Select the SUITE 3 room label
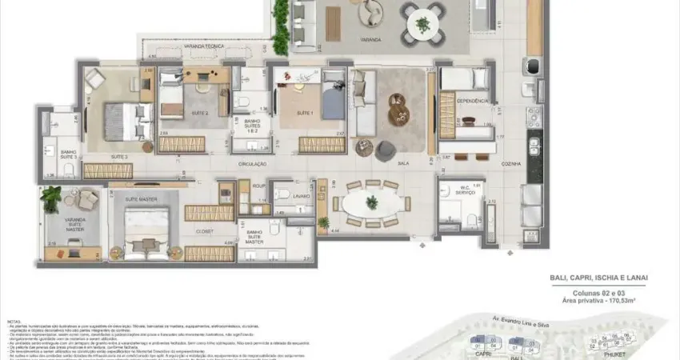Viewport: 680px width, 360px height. click(97, 157)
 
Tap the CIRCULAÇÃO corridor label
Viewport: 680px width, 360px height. click(252, 163)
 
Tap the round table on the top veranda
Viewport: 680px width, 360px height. click(422, 24)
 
